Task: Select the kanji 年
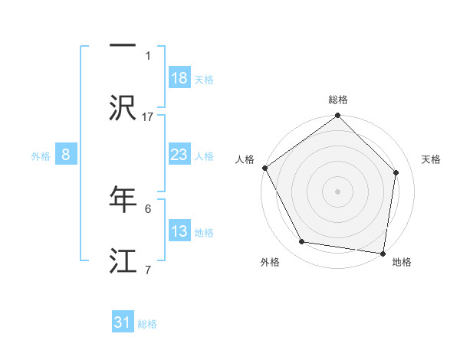[123, 198]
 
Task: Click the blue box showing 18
[179, 78]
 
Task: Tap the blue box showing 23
[179, 155]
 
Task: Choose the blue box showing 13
[179, 231]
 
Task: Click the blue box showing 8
[66, 155]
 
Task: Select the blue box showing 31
[123, 322]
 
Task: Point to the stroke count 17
[148, 116]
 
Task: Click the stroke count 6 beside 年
[148, 208]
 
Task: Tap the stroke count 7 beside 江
[148, 269]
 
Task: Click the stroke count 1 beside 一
[148, 55]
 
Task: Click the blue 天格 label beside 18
[204, 80]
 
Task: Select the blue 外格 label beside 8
[41, 156]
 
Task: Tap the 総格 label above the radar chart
[337, 100]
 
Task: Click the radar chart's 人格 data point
[264, 168]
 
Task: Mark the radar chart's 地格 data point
[383, 253]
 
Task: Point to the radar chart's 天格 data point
[396, 172]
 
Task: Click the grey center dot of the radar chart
[337, 191]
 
